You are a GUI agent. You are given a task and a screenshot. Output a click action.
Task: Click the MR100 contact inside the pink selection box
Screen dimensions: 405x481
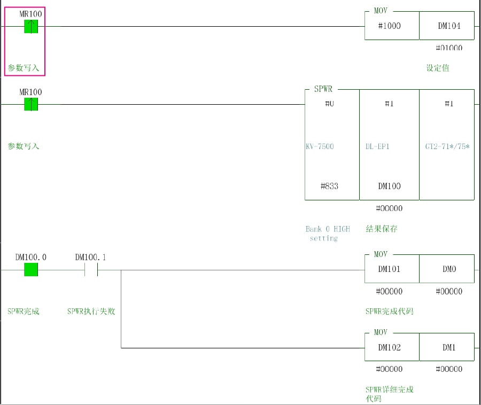31,26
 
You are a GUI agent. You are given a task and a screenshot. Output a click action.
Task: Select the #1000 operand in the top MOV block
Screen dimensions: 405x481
389,26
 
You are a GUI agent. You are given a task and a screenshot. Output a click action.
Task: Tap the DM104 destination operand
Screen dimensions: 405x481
449,26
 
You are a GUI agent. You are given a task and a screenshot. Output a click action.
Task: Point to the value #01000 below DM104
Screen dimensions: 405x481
449,48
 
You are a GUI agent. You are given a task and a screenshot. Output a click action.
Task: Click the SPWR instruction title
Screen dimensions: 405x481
323,89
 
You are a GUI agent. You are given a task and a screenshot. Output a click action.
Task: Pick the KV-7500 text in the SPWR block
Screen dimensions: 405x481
320,146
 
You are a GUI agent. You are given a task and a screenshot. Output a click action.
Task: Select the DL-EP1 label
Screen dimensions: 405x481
377,146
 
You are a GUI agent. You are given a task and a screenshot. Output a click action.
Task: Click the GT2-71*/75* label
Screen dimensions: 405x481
447,146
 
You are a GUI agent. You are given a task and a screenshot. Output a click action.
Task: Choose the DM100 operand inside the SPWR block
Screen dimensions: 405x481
389,186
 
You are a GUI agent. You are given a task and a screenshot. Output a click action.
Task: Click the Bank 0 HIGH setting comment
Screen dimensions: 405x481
327,233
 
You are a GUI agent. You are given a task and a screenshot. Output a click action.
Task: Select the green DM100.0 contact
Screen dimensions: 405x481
31,270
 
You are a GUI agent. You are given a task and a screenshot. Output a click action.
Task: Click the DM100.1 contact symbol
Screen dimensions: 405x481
91,270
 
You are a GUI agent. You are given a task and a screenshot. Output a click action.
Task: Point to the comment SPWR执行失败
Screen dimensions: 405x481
91,311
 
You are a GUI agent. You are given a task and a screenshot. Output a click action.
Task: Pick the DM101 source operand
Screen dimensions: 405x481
389,269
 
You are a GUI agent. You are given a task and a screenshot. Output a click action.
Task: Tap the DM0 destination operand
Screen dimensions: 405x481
449,269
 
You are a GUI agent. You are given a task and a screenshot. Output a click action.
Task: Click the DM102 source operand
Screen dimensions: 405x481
389,347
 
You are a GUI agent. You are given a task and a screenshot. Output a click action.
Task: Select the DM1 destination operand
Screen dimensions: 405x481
449,347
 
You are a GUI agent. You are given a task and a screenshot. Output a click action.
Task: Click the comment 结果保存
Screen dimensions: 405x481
382,229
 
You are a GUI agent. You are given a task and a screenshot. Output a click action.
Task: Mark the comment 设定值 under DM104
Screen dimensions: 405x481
438,68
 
